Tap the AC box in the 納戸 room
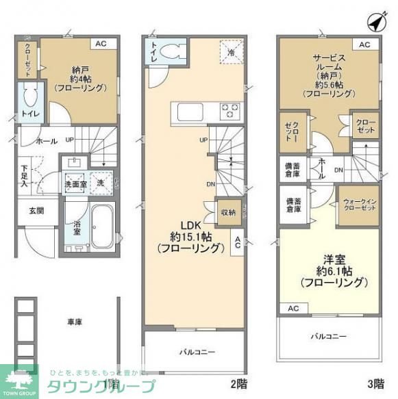pyautogui.click(x=101, y=44)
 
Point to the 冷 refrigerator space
pyautogui.click(x=231, y=51)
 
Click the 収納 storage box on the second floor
pyautogui.click(x=227, y=213)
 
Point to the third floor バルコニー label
pyautogui.click(x=329, y=336)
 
